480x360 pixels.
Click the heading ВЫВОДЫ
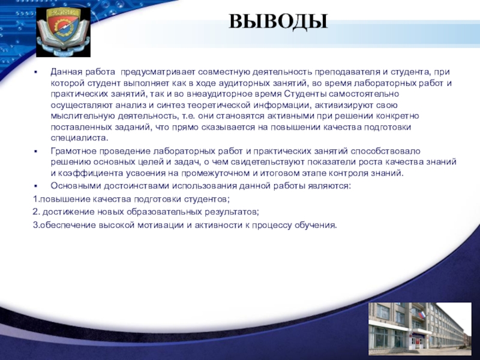pyautogui.click(x=278, y=22)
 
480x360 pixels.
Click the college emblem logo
pyautogui.click(x=63, y=32)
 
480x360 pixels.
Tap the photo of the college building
pyautogui.click(x=419, y=328)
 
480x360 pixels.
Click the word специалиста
pyautogui.click(x=80, y=138)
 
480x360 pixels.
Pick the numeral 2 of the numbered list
pyautogui.click(x=35, y=212)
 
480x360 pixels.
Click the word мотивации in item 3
pyautogui.click(x=160, y=226)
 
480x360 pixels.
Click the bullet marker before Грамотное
pyautogui.click(x=36, y=152)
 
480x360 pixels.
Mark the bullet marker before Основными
pyautogui.click(x=36, y=186)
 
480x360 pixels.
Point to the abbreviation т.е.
pyautogui.click(x=188, y=116)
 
